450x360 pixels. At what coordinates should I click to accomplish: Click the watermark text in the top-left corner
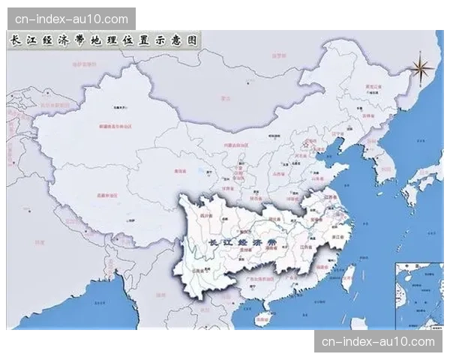(x=72, y=18)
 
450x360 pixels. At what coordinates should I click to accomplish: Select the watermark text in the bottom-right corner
(x=378, y=342)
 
